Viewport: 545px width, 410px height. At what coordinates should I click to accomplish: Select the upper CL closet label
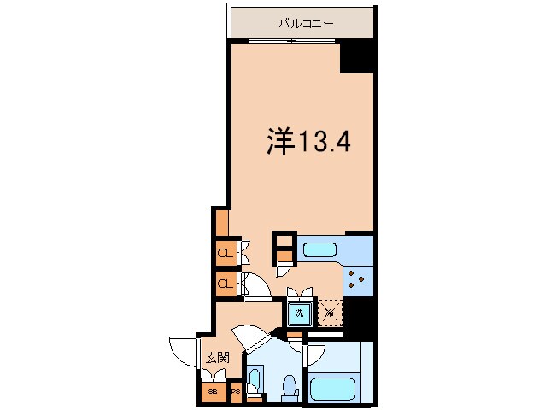[225, 254]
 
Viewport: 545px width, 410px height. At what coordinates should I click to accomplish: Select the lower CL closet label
[225, 282]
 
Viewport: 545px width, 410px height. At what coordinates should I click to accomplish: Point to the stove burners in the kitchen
[355, 278]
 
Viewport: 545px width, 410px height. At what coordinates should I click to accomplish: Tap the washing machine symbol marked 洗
[299, 313]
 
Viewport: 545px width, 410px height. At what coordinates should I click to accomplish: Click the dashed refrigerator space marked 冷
[329, 313]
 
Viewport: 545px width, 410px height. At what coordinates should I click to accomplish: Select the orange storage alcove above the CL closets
[221, 221]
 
